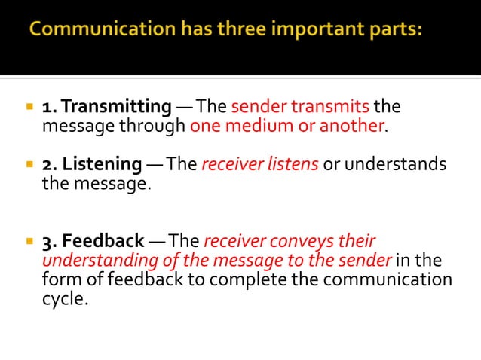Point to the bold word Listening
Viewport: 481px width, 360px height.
[x=102, y=164]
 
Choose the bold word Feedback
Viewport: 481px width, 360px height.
[x=103, y=242]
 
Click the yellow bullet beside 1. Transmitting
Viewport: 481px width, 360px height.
[x=29, y=107]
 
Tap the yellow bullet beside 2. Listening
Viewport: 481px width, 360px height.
[x=29, y=165]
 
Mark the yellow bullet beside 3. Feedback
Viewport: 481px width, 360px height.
[x=29, y=243]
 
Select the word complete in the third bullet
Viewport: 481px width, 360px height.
[x=265, y=280]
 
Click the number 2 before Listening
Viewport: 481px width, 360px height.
[x=47, y=164]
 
